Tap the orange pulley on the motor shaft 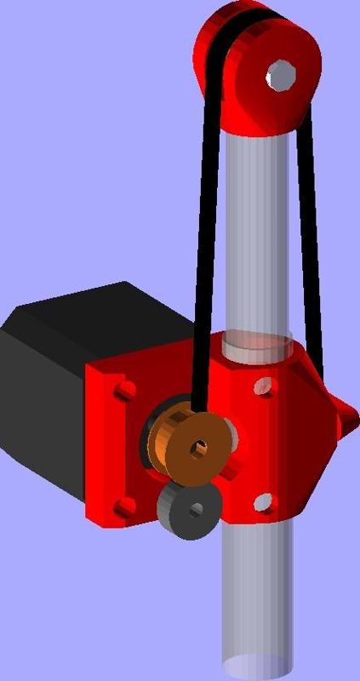[174, 443]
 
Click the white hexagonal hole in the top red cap [280, 75]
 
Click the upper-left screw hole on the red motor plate [124, 392]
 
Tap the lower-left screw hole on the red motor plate [124, 507]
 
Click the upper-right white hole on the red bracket [265, 388]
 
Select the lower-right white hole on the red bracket [263, 503]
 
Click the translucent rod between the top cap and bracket [255, 238]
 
